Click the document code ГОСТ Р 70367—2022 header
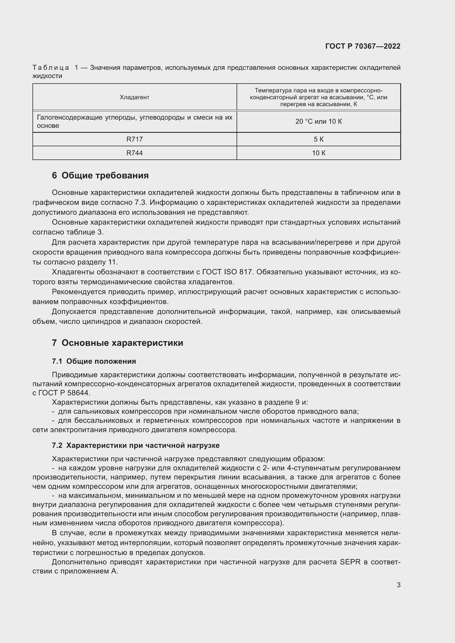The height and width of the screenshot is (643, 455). point(363,46)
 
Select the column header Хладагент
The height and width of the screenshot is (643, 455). point(135,97)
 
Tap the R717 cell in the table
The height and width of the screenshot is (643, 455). point(135,139)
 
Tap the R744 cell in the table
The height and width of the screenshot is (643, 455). point(135,153)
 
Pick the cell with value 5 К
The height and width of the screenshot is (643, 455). point(319,139)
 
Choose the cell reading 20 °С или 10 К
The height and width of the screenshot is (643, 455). point(319,122)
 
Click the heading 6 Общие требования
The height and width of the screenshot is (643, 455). point(100,175)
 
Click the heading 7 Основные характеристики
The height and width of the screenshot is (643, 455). point(117,343)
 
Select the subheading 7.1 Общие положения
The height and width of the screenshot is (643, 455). point(94,361)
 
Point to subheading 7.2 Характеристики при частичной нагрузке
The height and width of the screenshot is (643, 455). point(136,445)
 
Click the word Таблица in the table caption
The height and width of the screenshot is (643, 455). point(51,68)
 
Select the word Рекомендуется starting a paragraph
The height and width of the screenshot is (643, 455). point(78,292)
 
